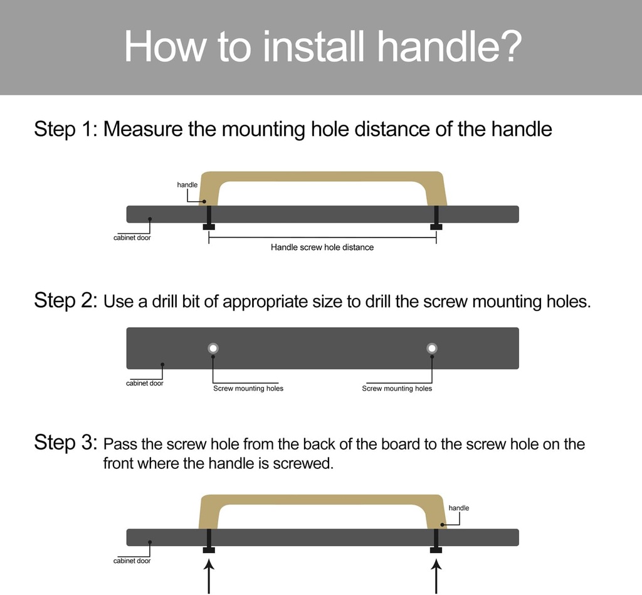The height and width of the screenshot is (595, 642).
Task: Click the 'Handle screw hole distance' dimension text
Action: coord(322,248)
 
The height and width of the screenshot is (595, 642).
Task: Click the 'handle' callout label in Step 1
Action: coord(187,185)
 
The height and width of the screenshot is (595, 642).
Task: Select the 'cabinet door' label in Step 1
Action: coord(132,238)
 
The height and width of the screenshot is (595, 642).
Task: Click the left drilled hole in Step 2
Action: coord(213,348)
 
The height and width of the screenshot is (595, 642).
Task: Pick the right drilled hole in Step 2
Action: coord(431,348)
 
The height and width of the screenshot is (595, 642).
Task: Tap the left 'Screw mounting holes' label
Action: coord(248,389)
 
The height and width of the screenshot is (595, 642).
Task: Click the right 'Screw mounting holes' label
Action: coord(397,389)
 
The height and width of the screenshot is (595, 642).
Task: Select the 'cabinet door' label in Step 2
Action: coord(144,383)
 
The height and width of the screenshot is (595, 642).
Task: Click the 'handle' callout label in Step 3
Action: coord(459,508)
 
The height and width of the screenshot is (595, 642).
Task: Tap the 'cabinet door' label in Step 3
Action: coord(132,561)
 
